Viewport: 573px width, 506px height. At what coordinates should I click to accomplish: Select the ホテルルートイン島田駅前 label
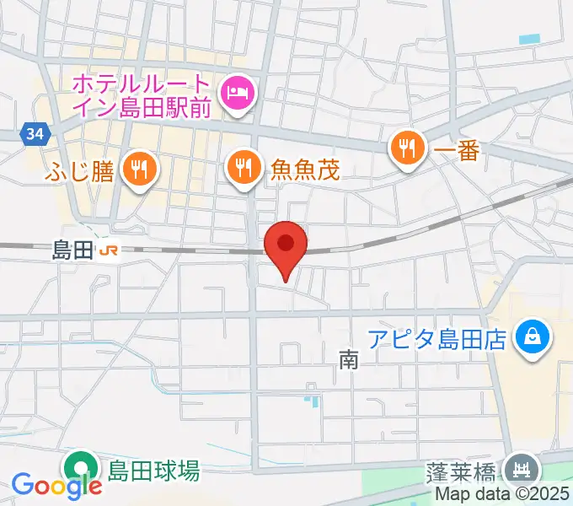(140, 96)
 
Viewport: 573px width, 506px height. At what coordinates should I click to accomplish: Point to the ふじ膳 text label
(82, 171)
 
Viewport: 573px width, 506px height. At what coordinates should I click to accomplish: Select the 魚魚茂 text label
(305, 171)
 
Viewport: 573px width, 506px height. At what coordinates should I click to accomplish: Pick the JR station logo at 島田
(107, 250)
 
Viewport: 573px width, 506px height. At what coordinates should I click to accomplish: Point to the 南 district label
(349, 361)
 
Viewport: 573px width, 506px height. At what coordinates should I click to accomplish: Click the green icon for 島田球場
(81, 467)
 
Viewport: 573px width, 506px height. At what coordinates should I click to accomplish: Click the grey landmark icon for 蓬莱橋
(522, 468)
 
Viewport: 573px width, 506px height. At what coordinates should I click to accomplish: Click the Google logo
(57, 485)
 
